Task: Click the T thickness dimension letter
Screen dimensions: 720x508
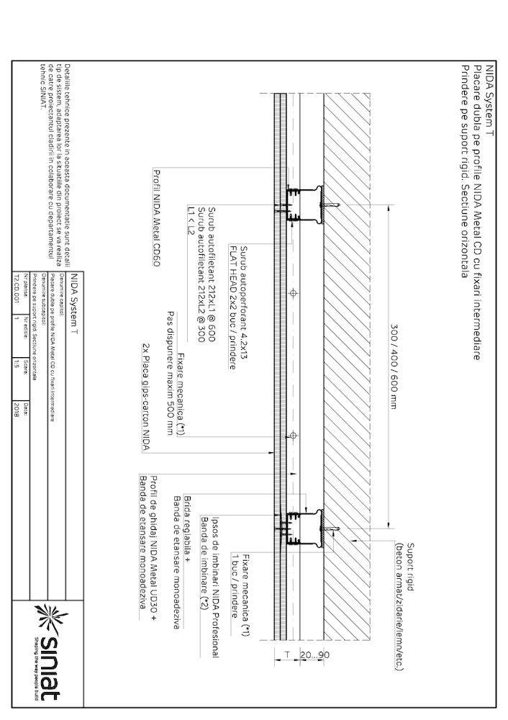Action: click(x=286, y=657)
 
